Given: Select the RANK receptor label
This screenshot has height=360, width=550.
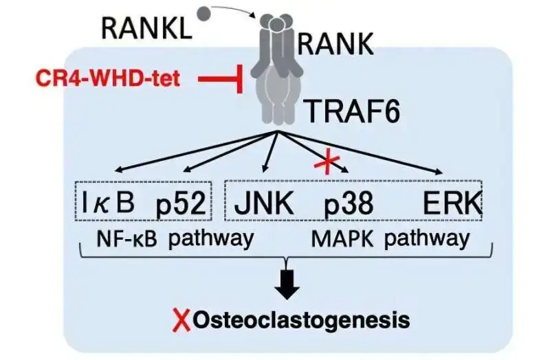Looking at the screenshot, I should click(x=335, y=45).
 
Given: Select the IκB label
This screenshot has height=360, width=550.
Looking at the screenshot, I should click(x=109, y=204).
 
